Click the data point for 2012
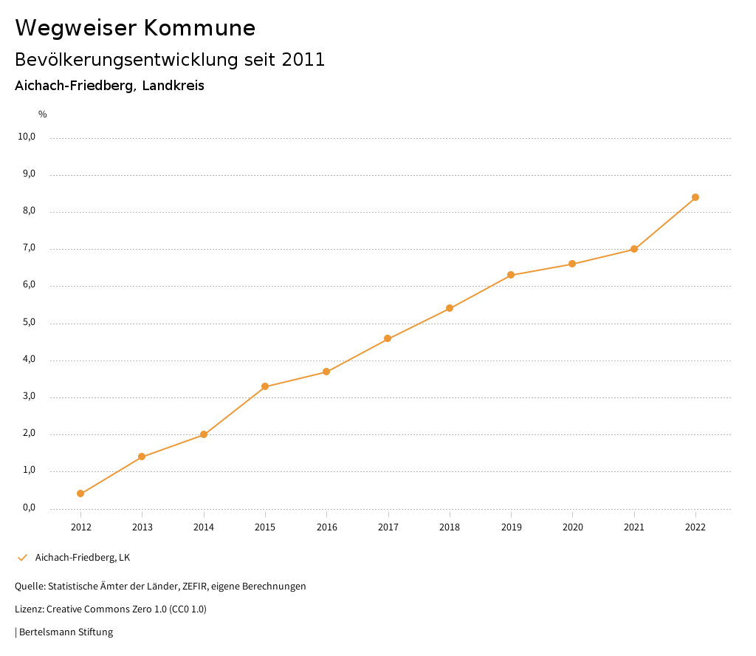point(80,493)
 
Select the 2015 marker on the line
point(265,386)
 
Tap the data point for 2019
point(511,275)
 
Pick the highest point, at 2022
point(695,197)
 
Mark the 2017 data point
point(388,338)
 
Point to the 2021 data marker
point(634,249)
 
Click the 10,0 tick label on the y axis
point(27,137)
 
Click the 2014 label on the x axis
point(204,527)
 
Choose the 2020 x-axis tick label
point(573,527)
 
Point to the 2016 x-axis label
point(326,527)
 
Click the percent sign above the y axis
point(42,114)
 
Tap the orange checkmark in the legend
point(22,558)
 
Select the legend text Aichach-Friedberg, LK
point(83,558)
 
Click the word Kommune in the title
point(199,28)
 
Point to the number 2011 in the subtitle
point(303,60)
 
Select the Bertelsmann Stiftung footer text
point(66,632)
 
